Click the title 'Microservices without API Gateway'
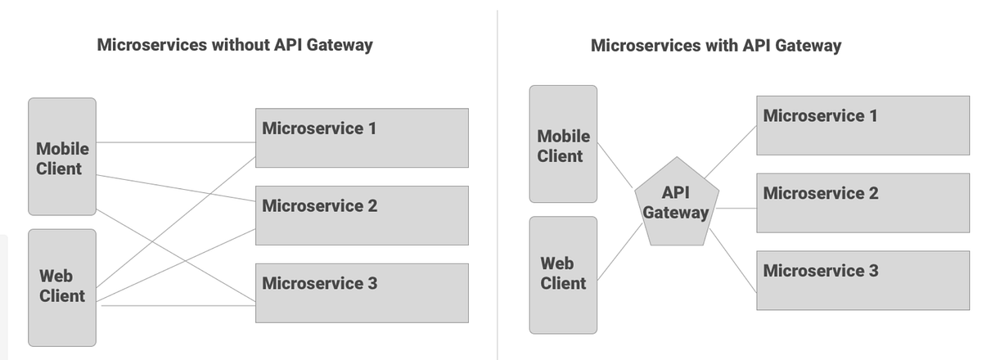click(234, 45)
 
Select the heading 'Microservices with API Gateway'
click(715, 45)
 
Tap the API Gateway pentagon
click(676, 204)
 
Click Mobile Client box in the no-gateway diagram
click(62, 158)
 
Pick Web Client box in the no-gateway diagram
click(62, 286)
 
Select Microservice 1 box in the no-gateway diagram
click(362, 137)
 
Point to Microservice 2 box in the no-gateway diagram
click(362, 215)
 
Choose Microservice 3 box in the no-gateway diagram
click(362, 293)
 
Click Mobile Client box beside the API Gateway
click(563, 144)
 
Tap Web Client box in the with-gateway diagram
click(563, 274)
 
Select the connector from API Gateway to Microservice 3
click(732, 259)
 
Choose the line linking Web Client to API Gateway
click(615, 250)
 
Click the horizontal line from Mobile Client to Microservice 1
click(176, 143)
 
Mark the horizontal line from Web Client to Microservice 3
click(176, 307)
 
